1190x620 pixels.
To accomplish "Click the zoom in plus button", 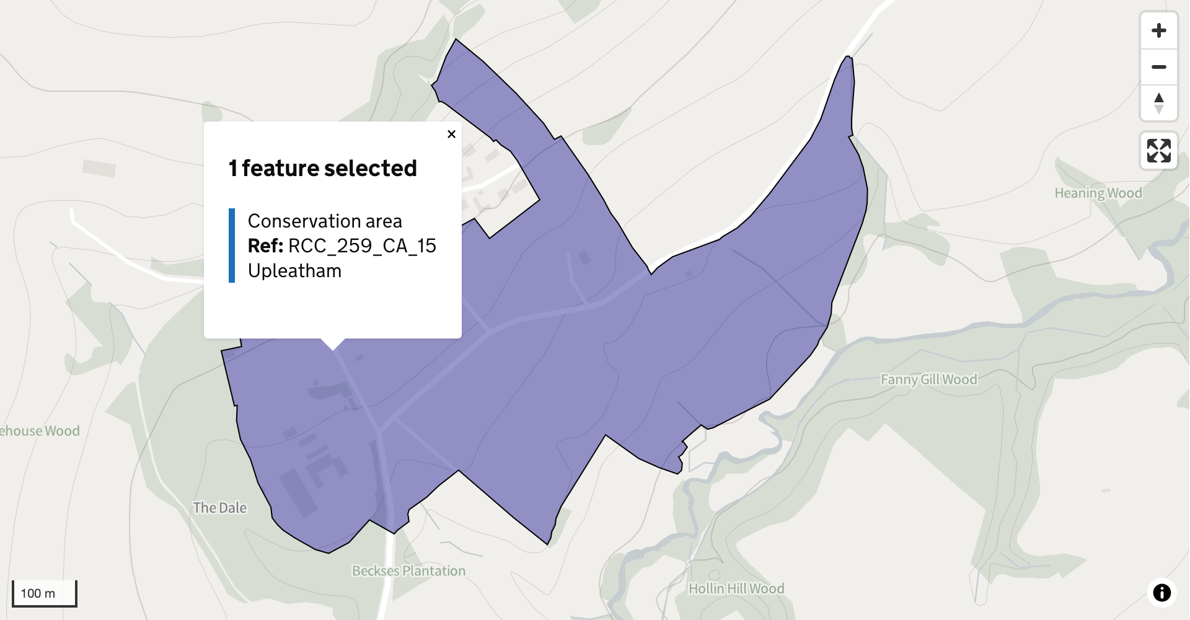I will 1158,30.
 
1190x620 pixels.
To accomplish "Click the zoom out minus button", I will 1158,67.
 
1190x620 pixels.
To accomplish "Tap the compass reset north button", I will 1158,103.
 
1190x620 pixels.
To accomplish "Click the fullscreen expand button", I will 1158,151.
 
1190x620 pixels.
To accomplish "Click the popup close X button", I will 451,134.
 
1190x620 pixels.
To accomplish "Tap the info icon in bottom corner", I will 1161,592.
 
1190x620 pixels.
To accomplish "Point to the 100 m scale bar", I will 44,593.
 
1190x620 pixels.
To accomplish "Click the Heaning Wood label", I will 1098,193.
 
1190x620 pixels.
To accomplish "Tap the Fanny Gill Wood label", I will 928,379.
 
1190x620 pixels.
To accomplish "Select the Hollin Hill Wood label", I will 736,588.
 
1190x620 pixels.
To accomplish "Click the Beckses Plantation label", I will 408,570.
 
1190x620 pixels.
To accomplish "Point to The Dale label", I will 219,508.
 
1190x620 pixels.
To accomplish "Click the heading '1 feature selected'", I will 322,168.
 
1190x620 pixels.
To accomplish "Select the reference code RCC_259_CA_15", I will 362,246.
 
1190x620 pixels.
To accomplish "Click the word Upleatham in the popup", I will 294,271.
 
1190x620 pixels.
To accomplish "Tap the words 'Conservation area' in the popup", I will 325,221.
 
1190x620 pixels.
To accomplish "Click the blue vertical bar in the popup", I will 232,246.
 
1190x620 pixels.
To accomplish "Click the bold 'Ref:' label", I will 265,246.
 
